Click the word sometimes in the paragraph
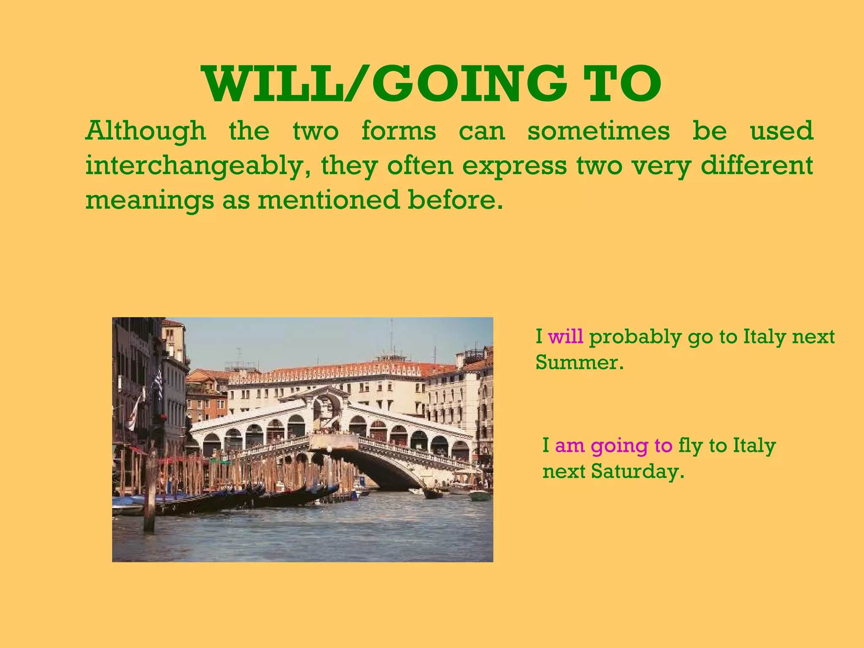pos(598,131)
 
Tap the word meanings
pos(150,201)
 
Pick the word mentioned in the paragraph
pos(329,200)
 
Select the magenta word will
pos(565,337)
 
